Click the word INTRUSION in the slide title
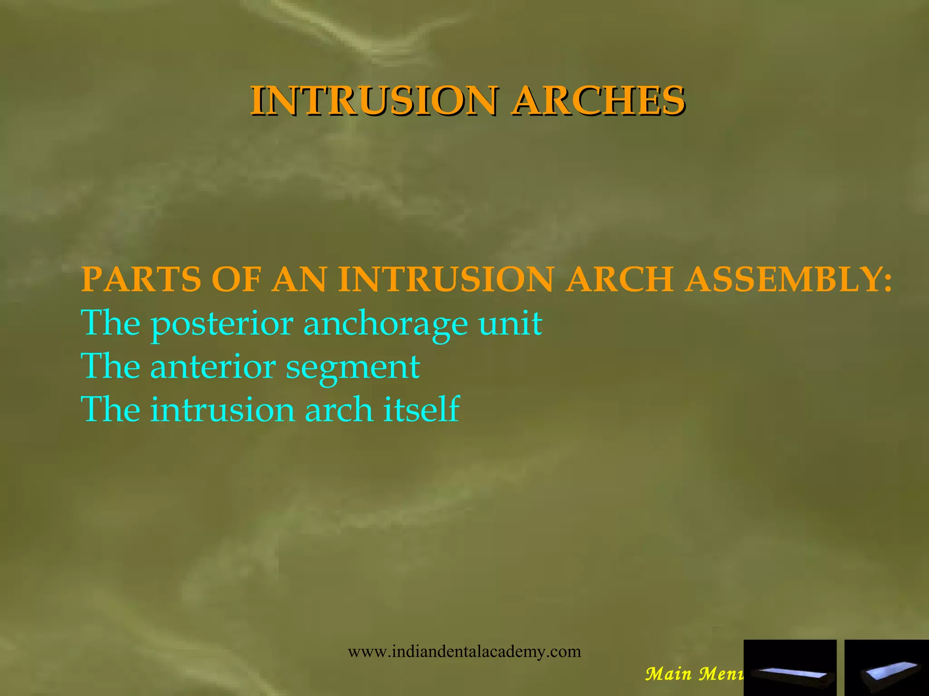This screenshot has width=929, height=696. tap(374, 100)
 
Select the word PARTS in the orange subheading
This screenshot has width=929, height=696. tap(141, 279)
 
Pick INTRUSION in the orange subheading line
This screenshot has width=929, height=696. tap(446, 279)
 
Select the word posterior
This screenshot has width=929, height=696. tap(222, 324)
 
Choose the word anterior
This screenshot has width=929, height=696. tap(213, 367)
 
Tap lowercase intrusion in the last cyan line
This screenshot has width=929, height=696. tap(222, 410)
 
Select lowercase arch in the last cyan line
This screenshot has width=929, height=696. tap(338, 410)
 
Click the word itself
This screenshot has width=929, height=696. tap(421, 409)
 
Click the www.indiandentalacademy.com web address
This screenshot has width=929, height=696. tap(464, 652)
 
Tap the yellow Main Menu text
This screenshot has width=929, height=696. tap(694, 674)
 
